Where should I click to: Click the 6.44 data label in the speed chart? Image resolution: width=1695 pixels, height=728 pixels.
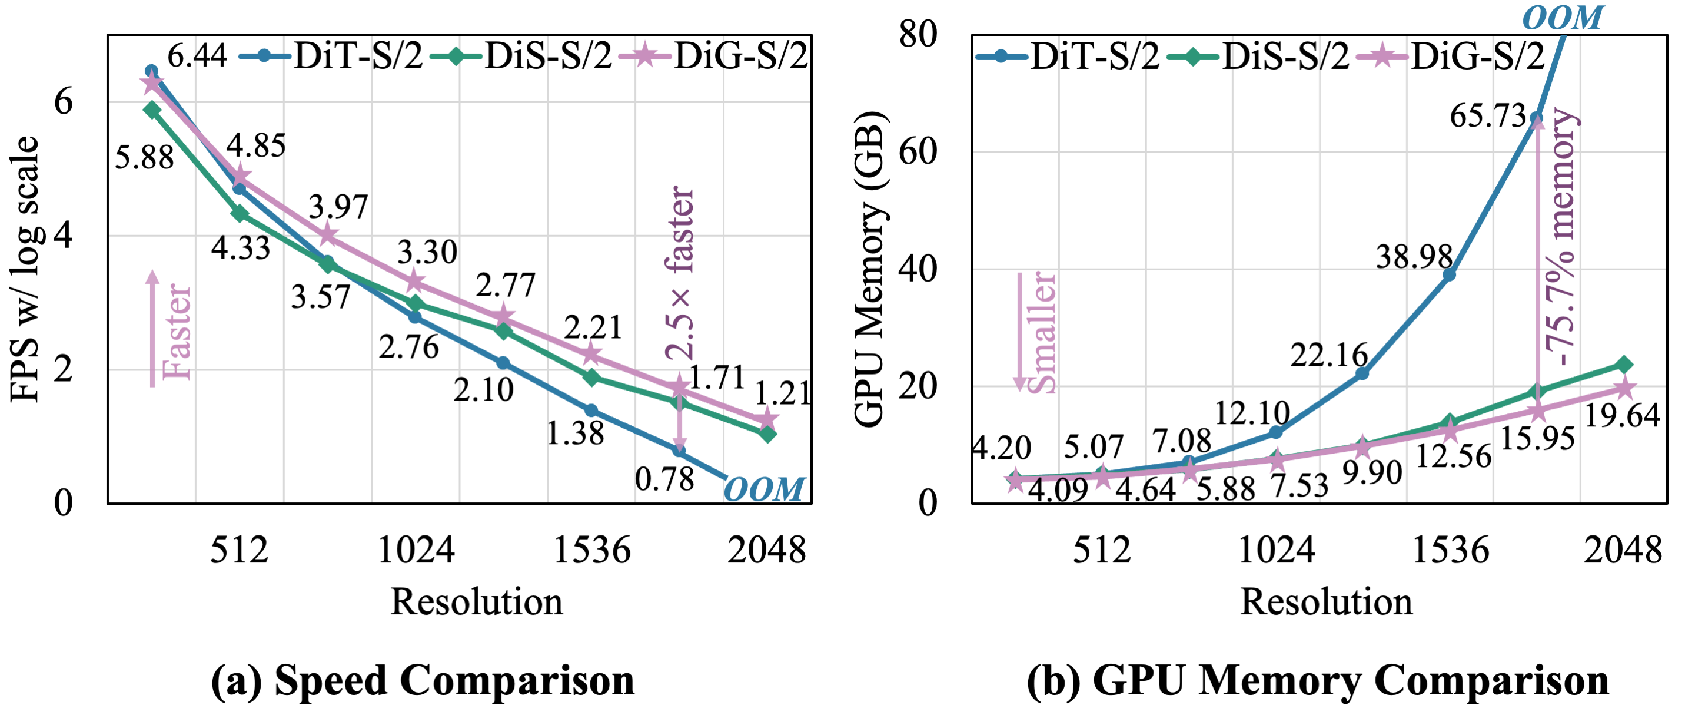click(x=197, y=56)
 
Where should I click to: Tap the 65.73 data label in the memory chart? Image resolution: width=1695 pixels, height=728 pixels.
click(x=1487, y=117)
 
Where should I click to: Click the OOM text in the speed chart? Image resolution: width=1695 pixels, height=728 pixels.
click(x=764, y=489)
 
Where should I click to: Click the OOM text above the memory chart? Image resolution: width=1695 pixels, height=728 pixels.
click(x=1563, y=17)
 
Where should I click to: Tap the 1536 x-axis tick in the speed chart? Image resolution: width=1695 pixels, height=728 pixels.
click(x=591, y=550)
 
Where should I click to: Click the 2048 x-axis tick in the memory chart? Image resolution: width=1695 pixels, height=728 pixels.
click(x=1622, y=550)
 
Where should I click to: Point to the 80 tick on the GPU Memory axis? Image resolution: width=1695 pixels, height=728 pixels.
click(x=918, y=34)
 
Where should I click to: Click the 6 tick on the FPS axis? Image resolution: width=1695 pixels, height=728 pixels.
click(x=63, y=102)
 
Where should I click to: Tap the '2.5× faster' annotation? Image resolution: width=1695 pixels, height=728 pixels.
click(x=679, y=273)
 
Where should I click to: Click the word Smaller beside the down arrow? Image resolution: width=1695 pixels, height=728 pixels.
click(x=1041, y=332)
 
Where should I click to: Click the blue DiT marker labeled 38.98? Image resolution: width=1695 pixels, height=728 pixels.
click(x=1448, y=274)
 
